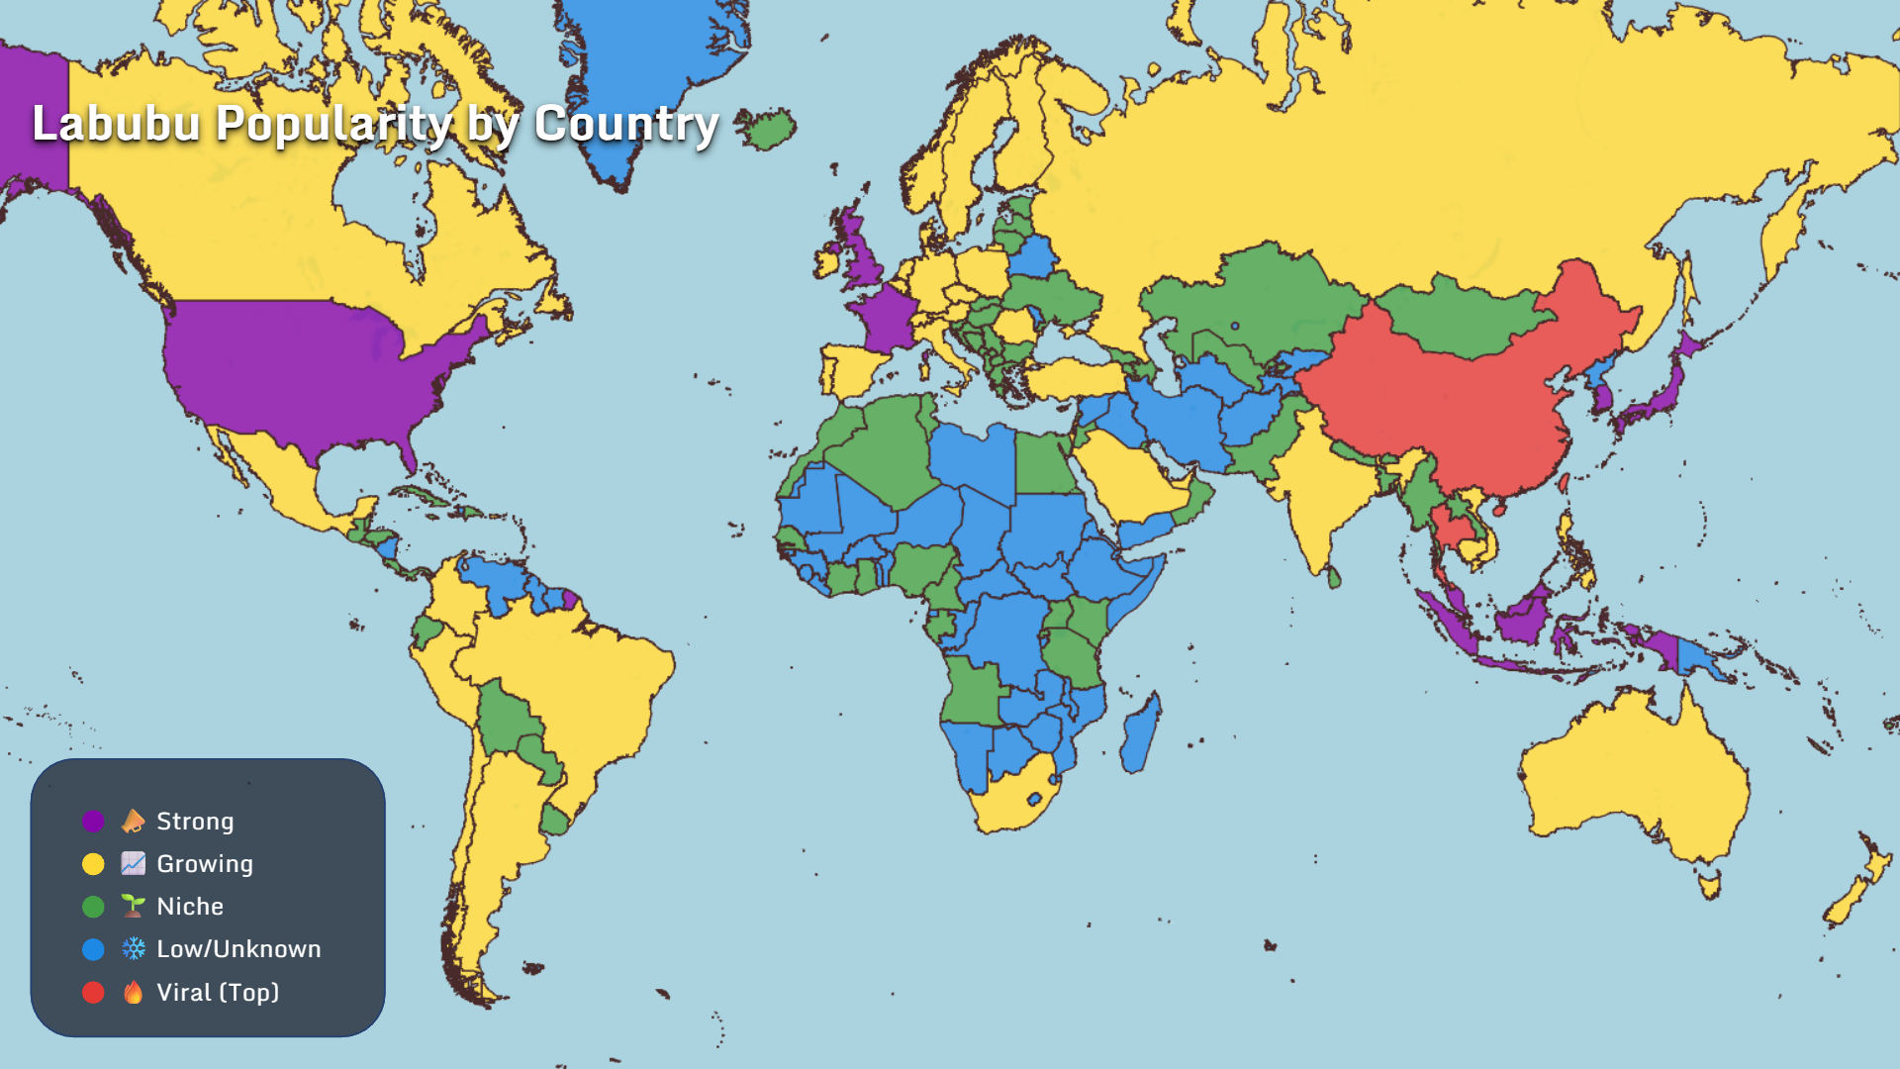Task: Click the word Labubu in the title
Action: (117, 125)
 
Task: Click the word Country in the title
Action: (626, 125)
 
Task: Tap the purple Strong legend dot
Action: (93, 822)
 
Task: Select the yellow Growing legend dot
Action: (93, 864)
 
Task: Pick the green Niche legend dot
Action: (93, 907)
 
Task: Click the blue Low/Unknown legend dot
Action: (93, 949)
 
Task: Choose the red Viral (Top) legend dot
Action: (93, 992)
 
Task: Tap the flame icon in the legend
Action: (134, 992)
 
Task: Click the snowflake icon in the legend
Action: (134, 949)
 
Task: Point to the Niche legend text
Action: (190, 907)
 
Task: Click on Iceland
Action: (767, 129)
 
